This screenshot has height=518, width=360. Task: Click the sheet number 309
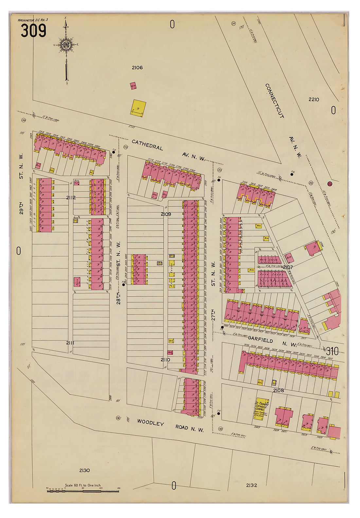(33, 31)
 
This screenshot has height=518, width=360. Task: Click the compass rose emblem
(66, 45)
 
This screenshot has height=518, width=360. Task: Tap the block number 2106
(137, 68)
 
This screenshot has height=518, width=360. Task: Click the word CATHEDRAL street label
(147, 145)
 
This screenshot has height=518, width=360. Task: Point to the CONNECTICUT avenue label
(275, 100)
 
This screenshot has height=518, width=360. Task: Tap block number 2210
(314, 99)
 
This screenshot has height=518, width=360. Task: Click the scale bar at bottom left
(83, 491)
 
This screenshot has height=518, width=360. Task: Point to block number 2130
(84, 470)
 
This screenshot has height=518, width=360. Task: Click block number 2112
(71, 198)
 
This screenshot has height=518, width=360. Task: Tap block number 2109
(166, 214)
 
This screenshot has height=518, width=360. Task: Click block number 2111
(70, 343)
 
